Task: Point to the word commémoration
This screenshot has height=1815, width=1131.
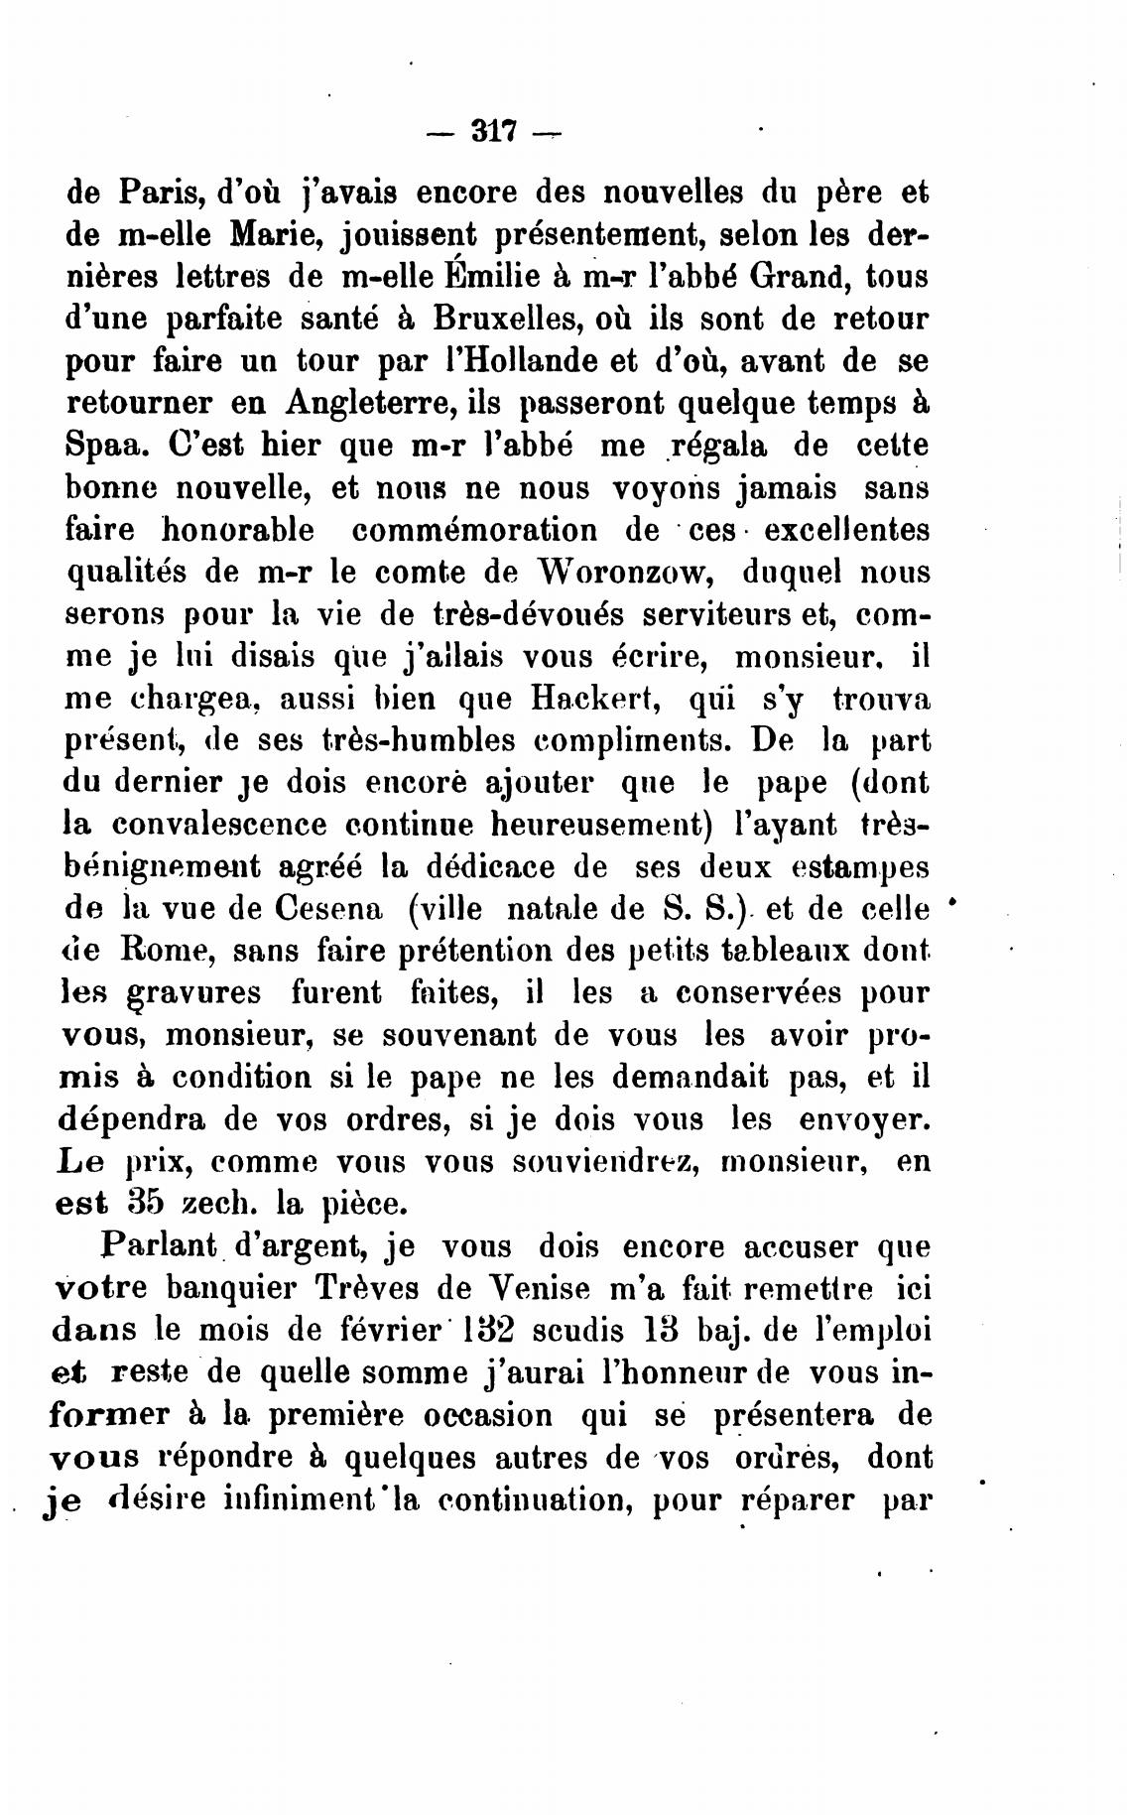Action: click(475, 530)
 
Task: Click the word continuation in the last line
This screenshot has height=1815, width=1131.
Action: click(527, 1498)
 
